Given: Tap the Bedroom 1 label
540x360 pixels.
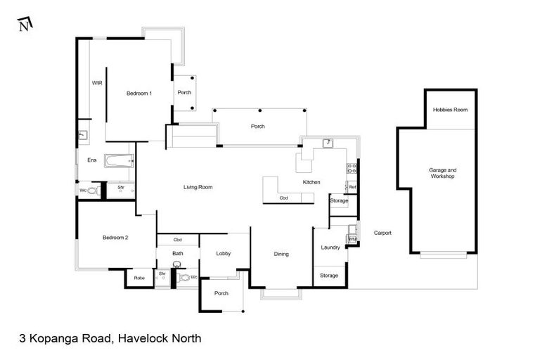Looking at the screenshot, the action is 139,93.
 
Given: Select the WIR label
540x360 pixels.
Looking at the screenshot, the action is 97,83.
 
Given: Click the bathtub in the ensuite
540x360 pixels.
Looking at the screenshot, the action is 118,160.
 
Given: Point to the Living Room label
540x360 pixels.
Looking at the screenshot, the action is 198,187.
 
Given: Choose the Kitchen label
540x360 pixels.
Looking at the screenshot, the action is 311,182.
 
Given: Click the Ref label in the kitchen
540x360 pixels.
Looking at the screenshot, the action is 352,187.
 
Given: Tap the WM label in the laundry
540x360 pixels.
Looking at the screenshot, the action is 352,240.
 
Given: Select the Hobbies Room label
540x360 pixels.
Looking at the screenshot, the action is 450,110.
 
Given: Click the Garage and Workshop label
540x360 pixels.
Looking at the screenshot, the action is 443,173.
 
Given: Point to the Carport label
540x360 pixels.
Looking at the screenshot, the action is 382,233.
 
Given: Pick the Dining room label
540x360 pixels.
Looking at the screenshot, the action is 281,254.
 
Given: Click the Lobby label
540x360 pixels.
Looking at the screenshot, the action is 224,254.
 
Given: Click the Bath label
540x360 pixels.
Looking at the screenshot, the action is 178,254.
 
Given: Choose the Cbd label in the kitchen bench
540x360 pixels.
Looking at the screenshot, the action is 284,198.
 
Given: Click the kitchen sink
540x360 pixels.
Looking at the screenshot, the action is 328,144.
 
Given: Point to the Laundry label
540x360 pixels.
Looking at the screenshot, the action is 330,247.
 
